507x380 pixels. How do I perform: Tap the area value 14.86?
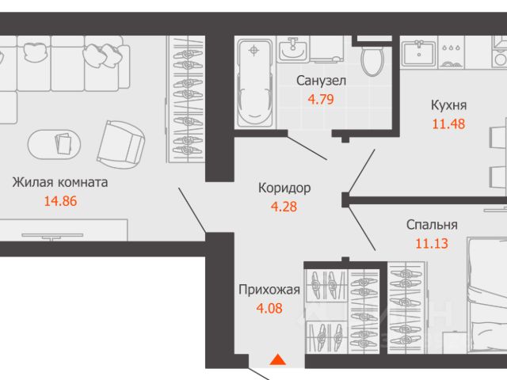pyautogui.click(x=62, y=201)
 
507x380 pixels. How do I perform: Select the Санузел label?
pyautogui.click(x=320, y=80)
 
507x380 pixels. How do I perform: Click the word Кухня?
pyautogui.click(x=448, y=104)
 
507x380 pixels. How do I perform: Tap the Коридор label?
pyautogui.click(x=284, y=188)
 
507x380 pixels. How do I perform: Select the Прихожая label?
pyautogui.click(x=269, y=290)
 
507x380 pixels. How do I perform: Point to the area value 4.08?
pyautogui.click(x=269, y=310)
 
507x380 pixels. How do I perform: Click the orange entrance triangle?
pyautogui.click(x=277, y=360)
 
